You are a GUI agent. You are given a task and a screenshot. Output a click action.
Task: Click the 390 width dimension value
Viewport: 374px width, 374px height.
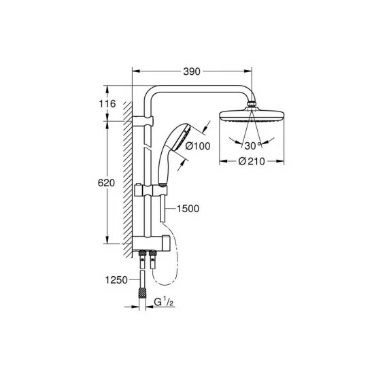[192, 71]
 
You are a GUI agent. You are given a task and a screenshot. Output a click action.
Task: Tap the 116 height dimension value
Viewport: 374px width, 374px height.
[107, 104]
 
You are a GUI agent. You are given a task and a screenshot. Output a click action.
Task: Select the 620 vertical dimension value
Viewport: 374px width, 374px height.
[106, 183]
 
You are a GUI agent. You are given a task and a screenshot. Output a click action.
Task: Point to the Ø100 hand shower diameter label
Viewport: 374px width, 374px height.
[198, 146]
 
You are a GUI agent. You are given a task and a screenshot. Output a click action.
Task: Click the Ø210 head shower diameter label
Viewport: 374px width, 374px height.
[252, 161]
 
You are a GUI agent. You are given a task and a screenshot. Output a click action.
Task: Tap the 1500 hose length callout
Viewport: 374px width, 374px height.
[188, 209]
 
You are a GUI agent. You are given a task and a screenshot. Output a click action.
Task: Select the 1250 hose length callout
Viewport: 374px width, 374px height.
[117, 279]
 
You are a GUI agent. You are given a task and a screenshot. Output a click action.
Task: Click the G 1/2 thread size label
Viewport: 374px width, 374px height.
[164, 303]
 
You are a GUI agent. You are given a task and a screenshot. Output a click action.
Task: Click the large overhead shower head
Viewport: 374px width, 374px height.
[252, 116]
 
